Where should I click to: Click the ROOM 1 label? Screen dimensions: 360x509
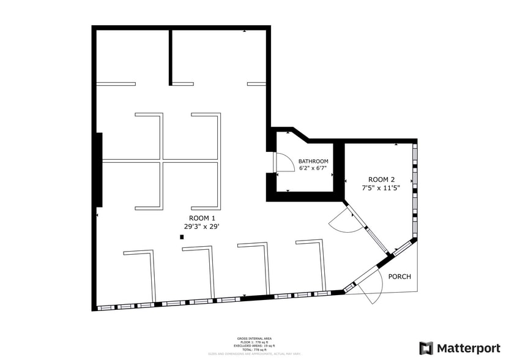tap(202, 218)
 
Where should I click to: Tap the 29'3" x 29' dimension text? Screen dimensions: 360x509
tap(202, 227)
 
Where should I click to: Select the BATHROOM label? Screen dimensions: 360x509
tap(313, 161)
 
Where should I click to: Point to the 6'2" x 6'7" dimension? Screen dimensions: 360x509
tap(313, 168)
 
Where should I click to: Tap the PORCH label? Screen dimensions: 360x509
tap(399, 277)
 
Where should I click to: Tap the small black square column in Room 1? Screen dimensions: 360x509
tap(182, 237)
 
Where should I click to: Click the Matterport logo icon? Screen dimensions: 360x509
tap(426, 348)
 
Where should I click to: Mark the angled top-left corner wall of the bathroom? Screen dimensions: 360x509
tap(300, 134)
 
